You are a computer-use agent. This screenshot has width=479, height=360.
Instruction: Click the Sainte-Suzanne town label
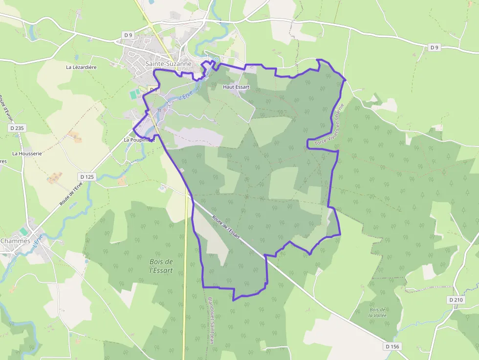coord(168,64)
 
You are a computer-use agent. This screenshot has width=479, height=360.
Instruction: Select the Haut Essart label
coord(236,87)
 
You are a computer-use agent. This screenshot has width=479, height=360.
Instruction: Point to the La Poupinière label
coord(139,140)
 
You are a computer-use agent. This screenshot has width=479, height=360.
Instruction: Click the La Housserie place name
coord(27,153)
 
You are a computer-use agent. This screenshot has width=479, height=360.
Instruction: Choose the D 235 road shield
coord(16,128)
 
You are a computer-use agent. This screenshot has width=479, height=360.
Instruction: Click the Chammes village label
coord(15,241)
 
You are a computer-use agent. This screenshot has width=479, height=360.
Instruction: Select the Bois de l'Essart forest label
coord(161,265)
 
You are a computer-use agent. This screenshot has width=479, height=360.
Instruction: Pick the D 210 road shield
coord(456,299)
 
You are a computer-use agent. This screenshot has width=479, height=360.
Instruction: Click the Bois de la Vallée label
coord(378,313)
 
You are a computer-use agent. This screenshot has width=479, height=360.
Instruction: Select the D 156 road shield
coord(392,346)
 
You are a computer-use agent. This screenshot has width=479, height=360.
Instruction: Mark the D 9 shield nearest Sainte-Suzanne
coord(128,35)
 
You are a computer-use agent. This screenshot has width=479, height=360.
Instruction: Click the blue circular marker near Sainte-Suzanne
coord(216,60)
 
